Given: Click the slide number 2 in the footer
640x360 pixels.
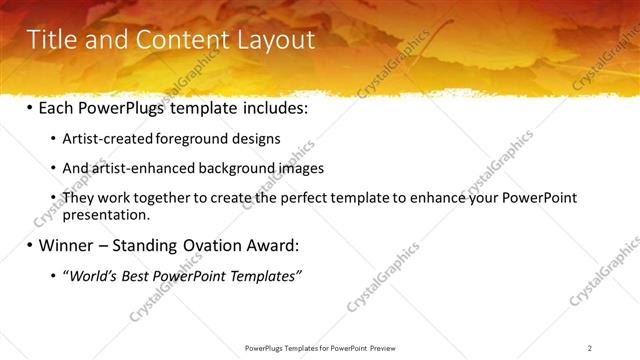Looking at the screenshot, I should tap(589, 348).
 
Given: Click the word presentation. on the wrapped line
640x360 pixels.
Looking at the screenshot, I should tap(106, 214).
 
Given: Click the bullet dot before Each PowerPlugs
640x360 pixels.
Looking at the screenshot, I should tap(29, 106).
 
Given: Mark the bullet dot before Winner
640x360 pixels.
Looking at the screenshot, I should tap(29, 245).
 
